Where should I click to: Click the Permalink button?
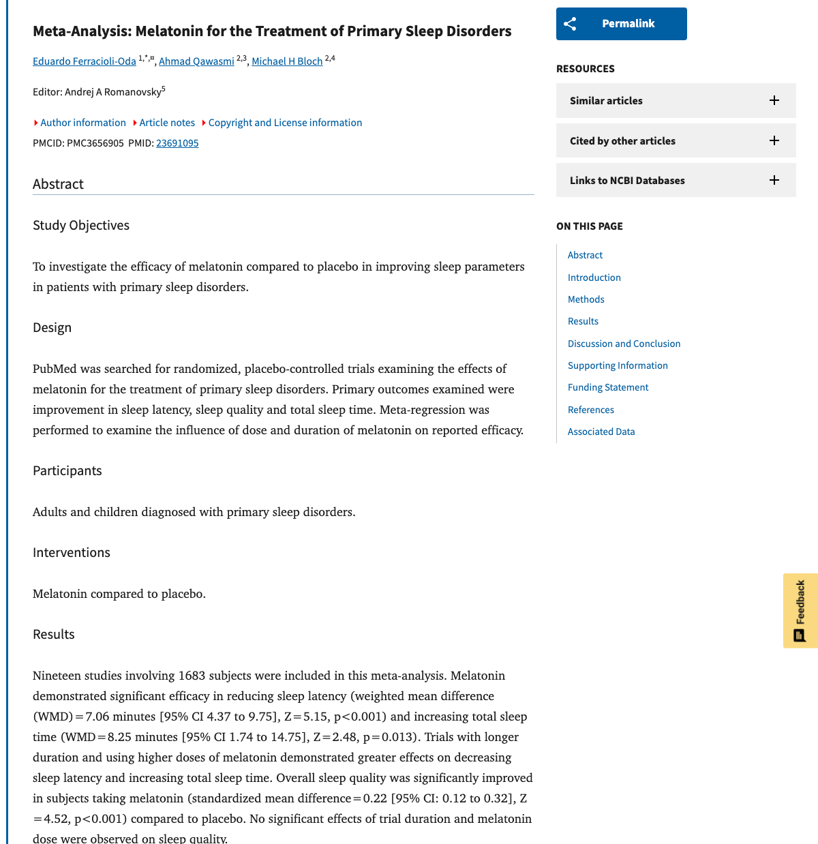point(621,24)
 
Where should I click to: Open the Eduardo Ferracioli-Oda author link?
point(85,61)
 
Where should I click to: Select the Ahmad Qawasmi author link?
point(196,61)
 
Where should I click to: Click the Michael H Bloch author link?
point(287,61)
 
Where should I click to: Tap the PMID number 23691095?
point(177,143)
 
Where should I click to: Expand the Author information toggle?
point(82,123)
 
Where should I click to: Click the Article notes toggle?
point(166,123)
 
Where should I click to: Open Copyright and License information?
point(284,123)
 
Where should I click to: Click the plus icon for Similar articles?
point(774,100)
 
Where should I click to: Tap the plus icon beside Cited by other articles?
point(774,140)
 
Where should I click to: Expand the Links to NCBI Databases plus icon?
point(774,180)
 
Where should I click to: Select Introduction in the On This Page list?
point(594,277)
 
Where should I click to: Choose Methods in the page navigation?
point(586,299)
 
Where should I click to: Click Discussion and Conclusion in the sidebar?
point(624,344)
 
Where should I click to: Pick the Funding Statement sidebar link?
point(607,387)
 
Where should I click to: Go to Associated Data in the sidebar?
point(601,432)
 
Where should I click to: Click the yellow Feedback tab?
point(800,610)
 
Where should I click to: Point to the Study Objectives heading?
point(81,226)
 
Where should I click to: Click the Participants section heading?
point(67,471)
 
